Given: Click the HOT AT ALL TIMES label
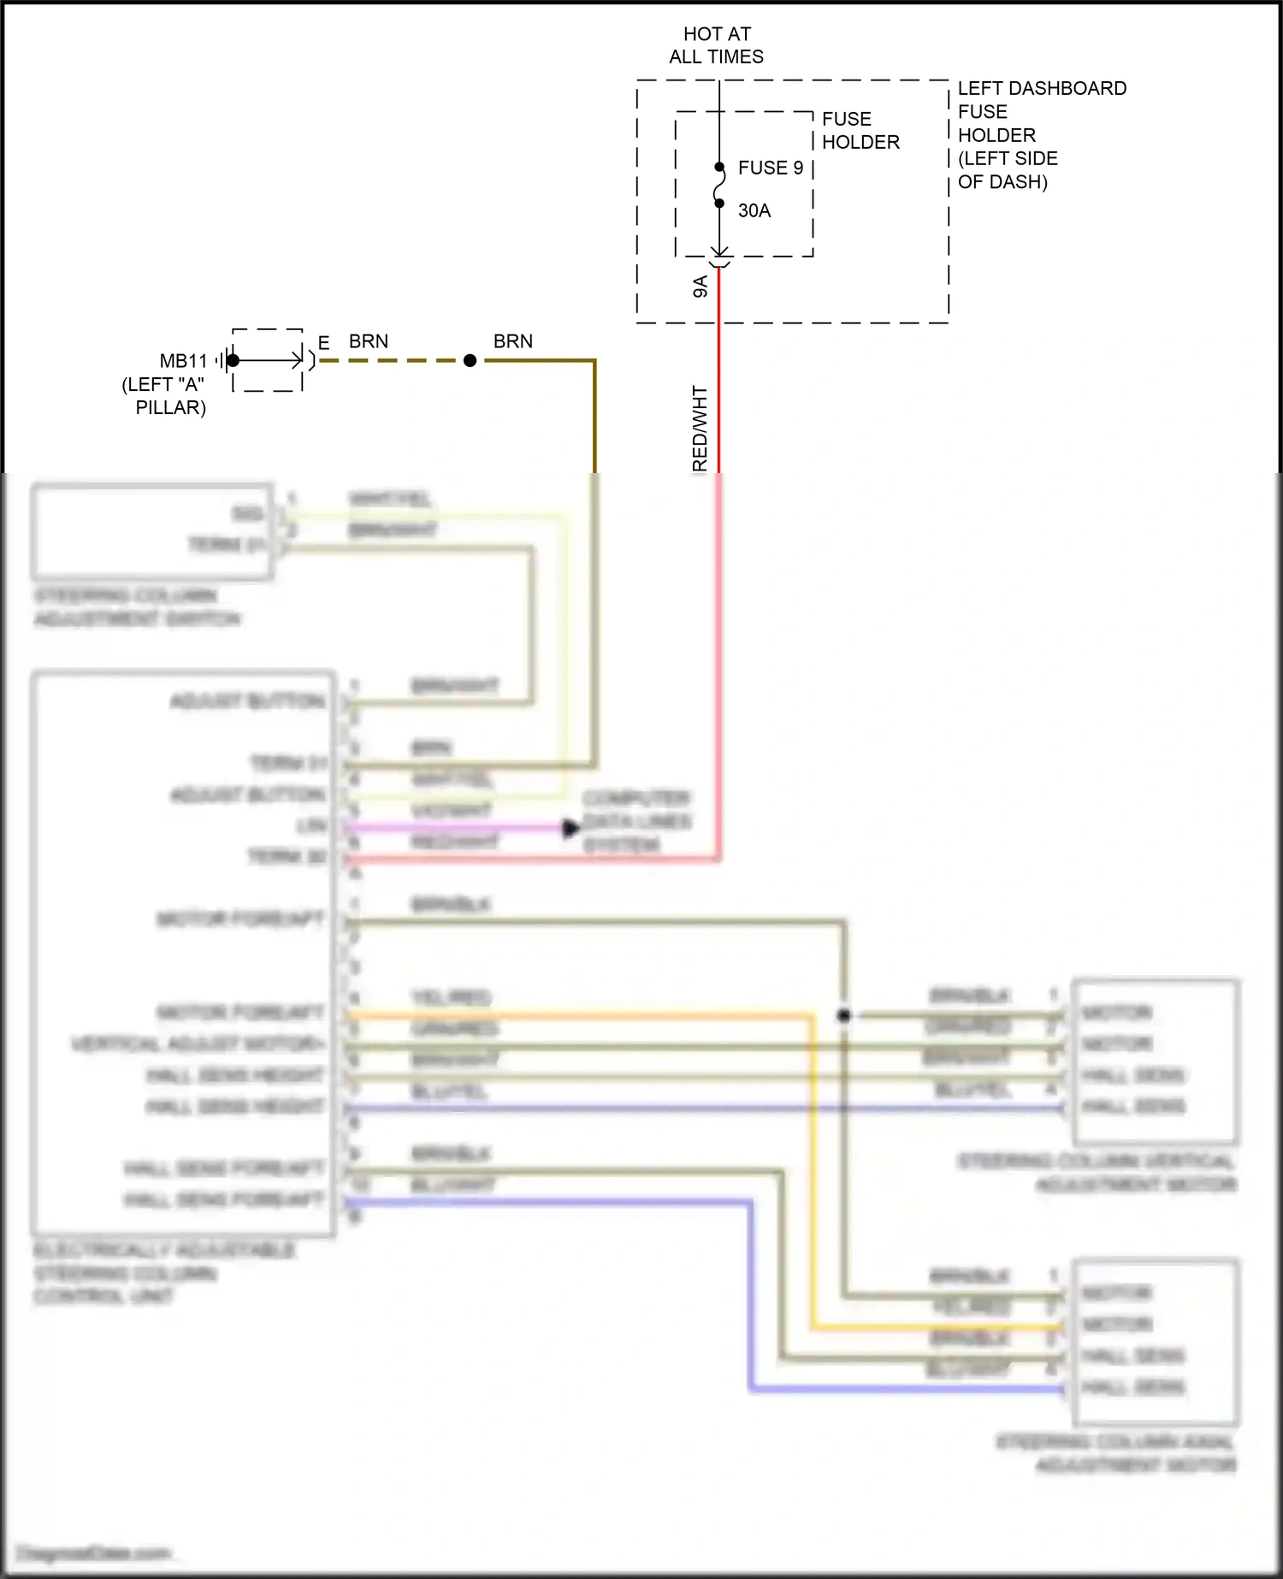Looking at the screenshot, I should [x=717, y=45].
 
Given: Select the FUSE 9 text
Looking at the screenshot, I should [x=770, y=168].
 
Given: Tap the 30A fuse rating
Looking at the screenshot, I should [x=754, y=210].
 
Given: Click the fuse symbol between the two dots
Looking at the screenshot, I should [x=719, y=186].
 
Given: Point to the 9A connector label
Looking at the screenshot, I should [x=701, y=287].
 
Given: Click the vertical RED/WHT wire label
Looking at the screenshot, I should [x=700, y=428].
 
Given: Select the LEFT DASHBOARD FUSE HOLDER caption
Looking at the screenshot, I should [x=1041, y=134].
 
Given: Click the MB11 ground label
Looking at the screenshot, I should [x=183, y=361].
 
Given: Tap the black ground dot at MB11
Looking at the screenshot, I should [x=233, y=360].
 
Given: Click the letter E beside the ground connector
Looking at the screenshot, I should [x=323, y=343].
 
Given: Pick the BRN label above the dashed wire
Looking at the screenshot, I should [x=368, y=341].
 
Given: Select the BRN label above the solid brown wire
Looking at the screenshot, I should [x=512, y=341].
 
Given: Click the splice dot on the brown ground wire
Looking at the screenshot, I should [x=470, y=361].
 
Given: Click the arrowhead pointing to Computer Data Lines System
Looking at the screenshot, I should [x=571, y=828].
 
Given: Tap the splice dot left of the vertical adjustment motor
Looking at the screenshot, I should [x=844, y=1015].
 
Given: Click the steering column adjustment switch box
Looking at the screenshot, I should [x=152, y=531].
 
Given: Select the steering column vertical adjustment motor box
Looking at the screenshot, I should [x=1155, y=1061].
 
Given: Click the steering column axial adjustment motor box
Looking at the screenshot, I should [x=1155, y=1341].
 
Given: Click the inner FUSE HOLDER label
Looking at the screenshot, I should [x=860, y=130].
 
